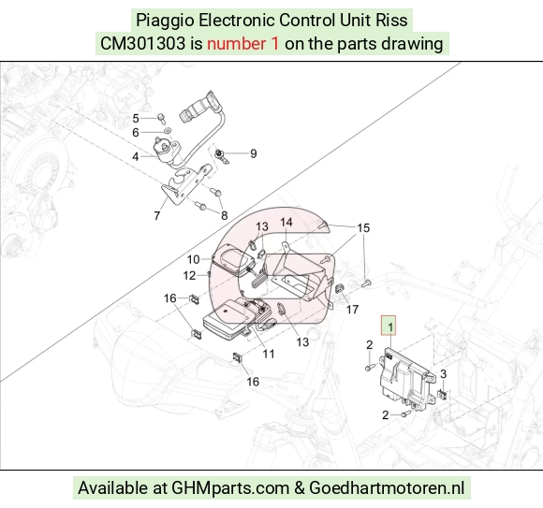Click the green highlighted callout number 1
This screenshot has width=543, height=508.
coord(389,326)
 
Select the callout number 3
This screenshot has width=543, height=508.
coord(443,374)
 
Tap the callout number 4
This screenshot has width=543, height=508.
coord(136,157)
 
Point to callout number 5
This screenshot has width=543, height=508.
coord(136,119)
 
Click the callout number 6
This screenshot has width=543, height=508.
coord(136,132)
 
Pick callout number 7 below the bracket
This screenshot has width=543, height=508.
coord(157,215)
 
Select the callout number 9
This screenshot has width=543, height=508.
coord(254,153)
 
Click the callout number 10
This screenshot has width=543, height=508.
coord(193,259)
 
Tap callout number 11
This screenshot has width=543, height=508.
coord(269,354)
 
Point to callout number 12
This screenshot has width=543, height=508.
coord(189,275)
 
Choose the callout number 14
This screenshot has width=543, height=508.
coord(286,222)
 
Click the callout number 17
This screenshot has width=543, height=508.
coord(352,310)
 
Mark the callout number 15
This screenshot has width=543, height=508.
coord(363,227)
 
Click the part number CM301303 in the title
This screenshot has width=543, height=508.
coord(142,44)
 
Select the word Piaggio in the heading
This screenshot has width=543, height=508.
coord(165,20)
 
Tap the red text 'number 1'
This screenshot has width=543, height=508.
coord(242,44)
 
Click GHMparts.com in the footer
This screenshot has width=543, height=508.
coord(230,488)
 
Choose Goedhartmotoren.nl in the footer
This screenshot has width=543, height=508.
coord(387,488)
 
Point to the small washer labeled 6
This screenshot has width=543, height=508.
coord(168,131)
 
